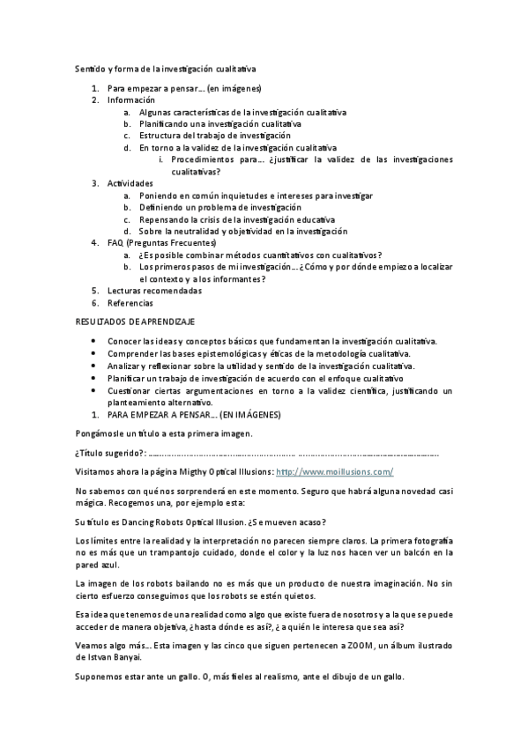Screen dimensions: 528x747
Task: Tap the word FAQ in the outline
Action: click(115, 241)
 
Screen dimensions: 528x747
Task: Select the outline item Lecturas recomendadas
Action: click(154, 290)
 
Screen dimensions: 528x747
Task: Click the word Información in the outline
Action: click(131, 100)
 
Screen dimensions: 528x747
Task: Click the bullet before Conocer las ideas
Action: click(96, 340)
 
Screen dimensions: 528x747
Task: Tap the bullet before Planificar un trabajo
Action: click(96, 377)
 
